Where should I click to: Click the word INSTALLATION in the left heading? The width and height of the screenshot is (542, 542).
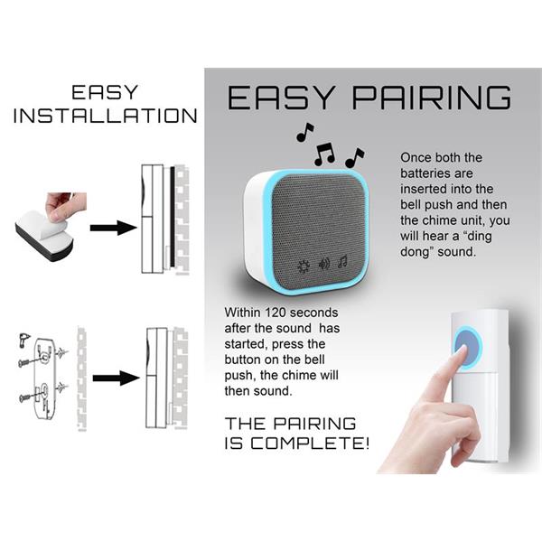click(x=106, y=116)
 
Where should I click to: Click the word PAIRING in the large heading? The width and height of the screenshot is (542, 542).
click(x=432, y=98)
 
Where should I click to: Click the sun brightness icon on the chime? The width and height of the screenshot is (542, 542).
click(x=304, y=266)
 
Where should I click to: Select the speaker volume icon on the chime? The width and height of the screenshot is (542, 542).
click(x=324, y=265)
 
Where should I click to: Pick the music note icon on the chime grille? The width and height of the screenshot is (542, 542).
click(x=343, y=262)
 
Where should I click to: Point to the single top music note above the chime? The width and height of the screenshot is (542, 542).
click(x=305, y=132)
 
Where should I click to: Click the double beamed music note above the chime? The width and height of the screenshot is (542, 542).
click(x=324, y=154)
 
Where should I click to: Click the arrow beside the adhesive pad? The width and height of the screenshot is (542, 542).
click(x=114, y=228)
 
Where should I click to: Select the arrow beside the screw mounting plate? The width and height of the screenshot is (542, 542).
click(x=117, y=378)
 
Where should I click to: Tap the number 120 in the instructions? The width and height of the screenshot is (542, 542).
click(x=276, y=313)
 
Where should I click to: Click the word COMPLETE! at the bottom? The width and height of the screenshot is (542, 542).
click(x=310, y=444)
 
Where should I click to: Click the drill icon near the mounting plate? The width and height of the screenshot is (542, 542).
click(x=23, y=340)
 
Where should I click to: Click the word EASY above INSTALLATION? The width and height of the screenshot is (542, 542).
click(x=105, y=92)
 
